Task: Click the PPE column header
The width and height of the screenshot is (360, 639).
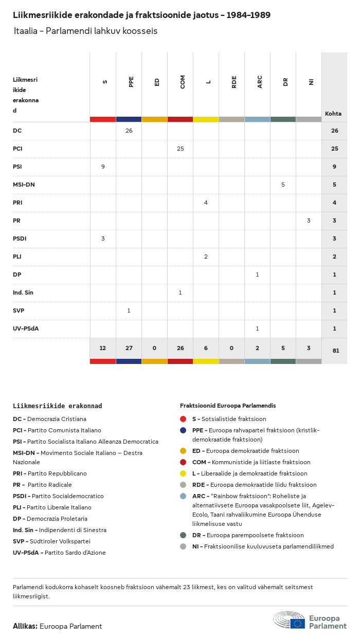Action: point(131,82)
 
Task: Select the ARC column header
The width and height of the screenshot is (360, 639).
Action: point(260,82)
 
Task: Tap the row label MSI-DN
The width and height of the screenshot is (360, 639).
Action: point(24,185)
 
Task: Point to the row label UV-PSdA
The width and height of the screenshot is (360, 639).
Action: point(25,328)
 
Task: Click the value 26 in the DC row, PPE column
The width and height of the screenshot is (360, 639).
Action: point(129,131)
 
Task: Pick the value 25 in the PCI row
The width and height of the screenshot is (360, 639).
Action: point(180,149)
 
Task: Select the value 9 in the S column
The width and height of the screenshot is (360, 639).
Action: point(103,167)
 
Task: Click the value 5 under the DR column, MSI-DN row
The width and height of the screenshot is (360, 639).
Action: point(283,185)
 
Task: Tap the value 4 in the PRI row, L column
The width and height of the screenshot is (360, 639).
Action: point(206,203)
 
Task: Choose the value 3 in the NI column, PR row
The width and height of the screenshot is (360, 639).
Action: point(309,221)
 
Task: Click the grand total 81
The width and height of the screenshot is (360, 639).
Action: point(334,351)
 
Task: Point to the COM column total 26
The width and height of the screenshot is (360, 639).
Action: point(180,348)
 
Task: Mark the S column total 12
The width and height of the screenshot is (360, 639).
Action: point(103,348)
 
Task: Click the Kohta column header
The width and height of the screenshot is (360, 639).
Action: point(333,114)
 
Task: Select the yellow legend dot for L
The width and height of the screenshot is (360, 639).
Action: point(183,473)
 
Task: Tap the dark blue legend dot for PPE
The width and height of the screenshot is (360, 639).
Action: point(183,430)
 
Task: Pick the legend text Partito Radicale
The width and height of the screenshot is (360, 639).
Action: point(49,485)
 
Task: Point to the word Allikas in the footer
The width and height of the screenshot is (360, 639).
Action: point(25,626)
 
